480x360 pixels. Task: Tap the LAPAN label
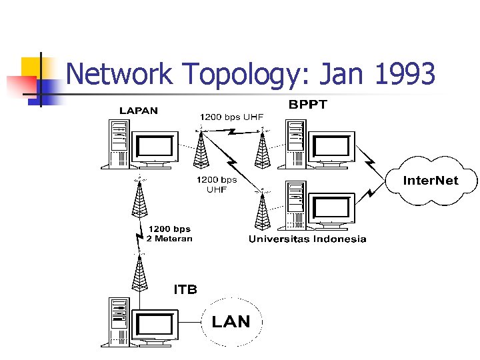tap(139, 110)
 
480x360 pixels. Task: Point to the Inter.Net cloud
tap(431, 181)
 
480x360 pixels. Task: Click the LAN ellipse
tap(231, 322)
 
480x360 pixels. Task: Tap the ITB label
tap(185, 290)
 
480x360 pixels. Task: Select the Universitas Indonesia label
tap(307, 239)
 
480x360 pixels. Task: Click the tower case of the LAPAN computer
tap(118, 142)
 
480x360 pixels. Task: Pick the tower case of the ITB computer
tap(119, 321)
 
